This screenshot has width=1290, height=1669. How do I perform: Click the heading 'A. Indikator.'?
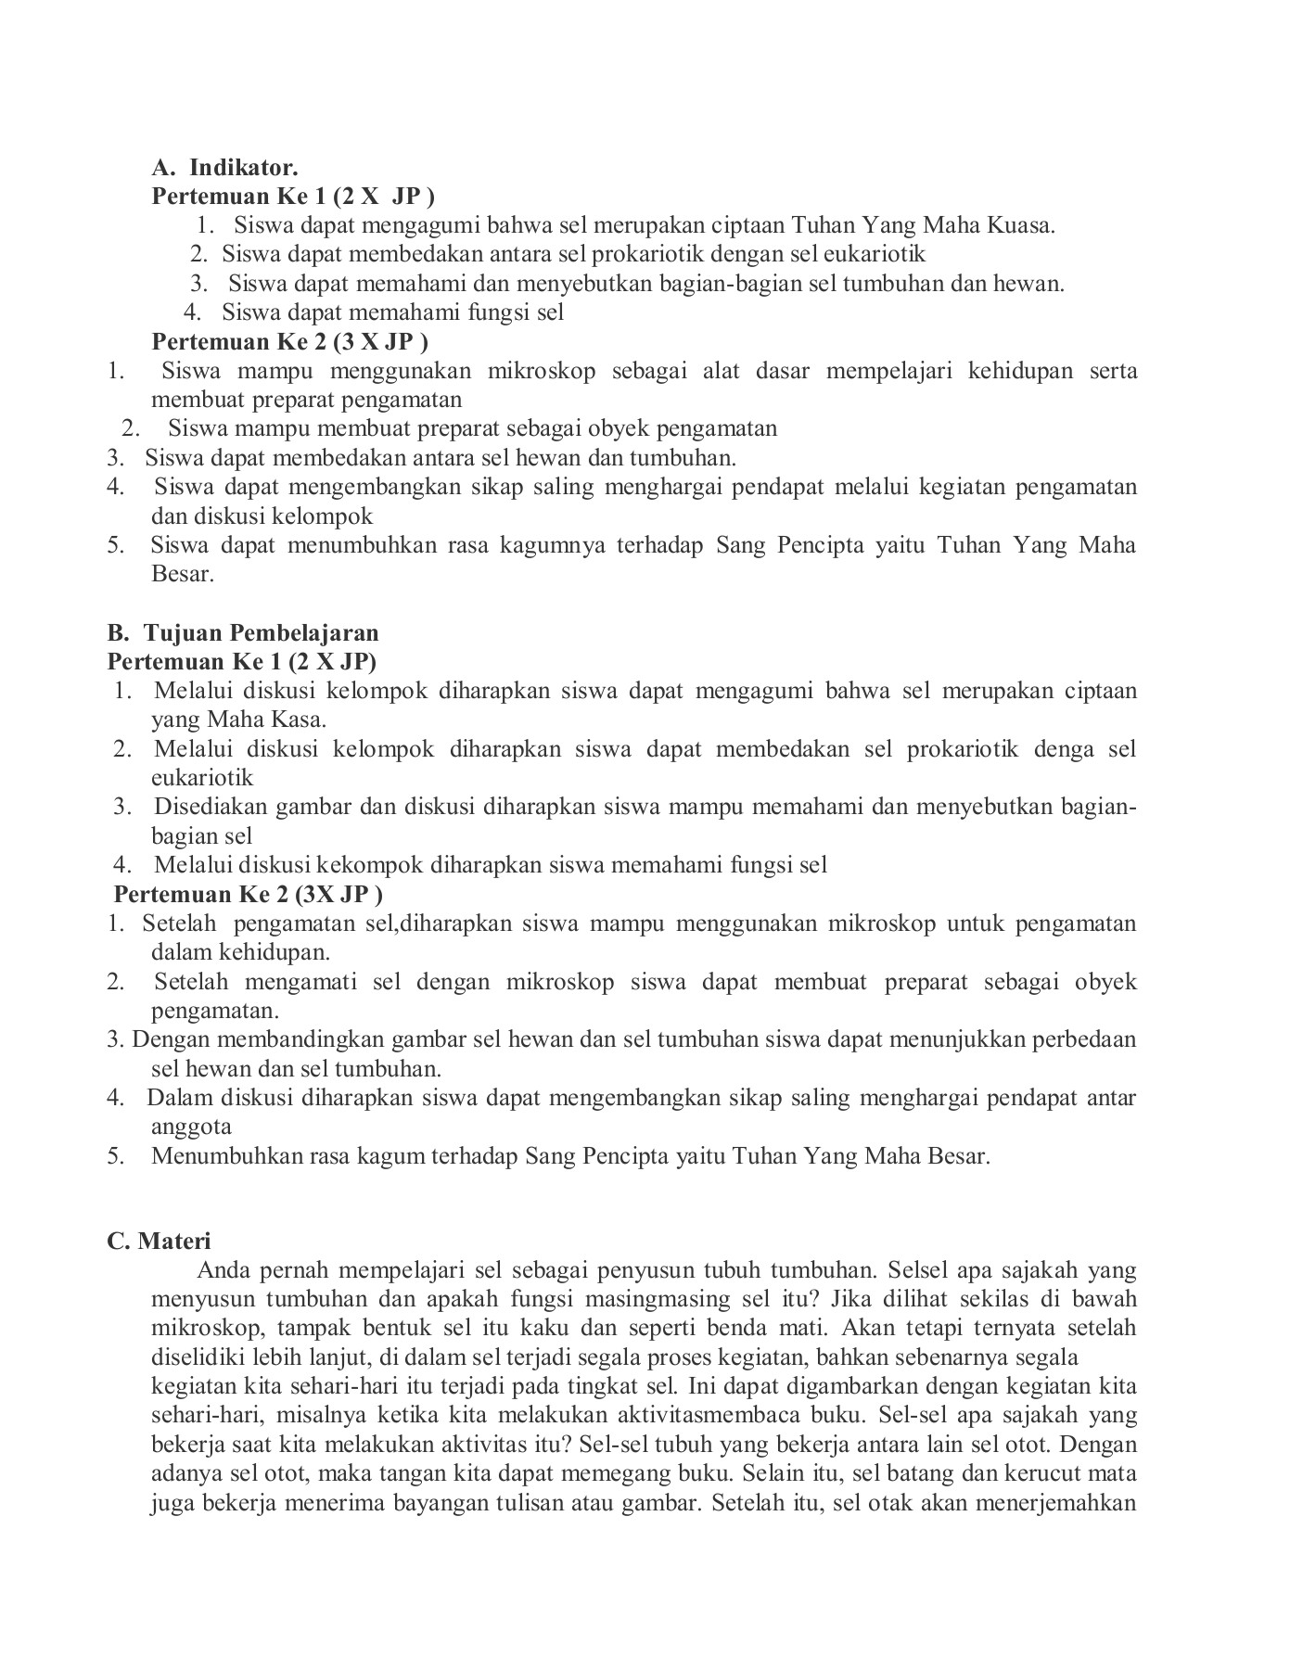click(224, 168)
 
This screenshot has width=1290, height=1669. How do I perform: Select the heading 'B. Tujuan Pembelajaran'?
click(243, 633)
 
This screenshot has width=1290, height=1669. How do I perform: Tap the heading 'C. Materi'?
click(159, 1241)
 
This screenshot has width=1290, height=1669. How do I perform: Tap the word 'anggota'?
click(191, 1127)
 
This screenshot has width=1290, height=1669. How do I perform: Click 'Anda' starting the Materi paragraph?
click(224, 1270)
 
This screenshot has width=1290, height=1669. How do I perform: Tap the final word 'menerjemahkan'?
click(1063, 1503)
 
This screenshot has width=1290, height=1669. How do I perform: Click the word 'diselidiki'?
click(197, 1357)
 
